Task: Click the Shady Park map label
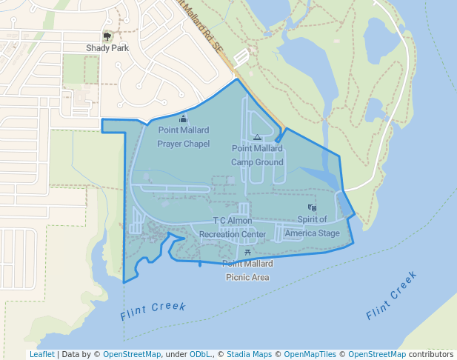(107, 49)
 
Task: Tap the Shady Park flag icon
(107, 36)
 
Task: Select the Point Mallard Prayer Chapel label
(184, 137)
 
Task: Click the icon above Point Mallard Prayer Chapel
(184, 119)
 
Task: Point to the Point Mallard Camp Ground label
(257, 155)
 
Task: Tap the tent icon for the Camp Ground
(257, 137)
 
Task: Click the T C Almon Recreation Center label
(233, 227)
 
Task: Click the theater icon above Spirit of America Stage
(311, 208)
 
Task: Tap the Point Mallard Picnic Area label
(247, 270)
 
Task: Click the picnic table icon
(247, 253)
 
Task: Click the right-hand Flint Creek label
(392, 296)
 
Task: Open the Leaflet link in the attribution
(41, 354)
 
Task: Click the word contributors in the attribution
(431, 354)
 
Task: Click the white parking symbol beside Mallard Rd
(241, 56)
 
